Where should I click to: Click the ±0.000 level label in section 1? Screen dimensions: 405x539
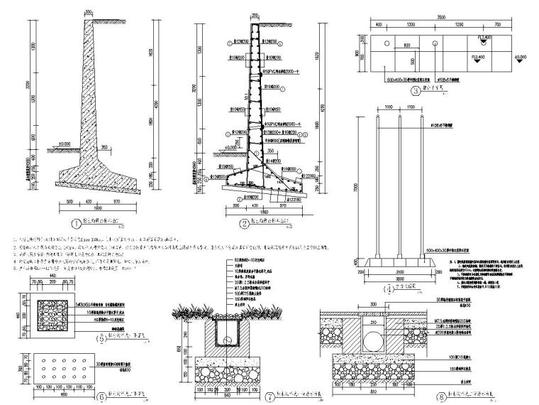[65, 145]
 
